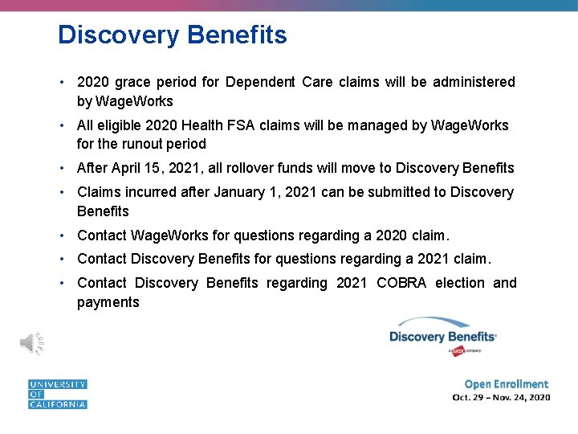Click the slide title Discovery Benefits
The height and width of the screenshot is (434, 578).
(172, 35)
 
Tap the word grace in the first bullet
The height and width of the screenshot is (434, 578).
(132, 82)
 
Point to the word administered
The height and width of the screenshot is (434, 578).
(474, 82)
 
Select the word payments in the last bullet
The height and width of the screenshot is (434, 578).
(108, 303)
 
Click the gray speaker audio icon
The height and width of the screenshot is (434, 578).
(31, 343)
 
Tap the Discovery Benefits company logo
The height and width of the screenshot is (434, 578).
(442, 335)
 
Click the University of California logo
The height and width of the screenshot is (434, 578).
(57, 395)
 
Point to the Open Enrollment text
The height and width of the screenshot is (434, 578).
(506, 384)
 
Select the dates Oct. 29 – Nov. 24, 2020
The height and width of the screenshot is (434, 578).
(501, 398)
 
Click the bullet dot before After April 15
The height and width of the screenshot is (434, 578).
(62, 169)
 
